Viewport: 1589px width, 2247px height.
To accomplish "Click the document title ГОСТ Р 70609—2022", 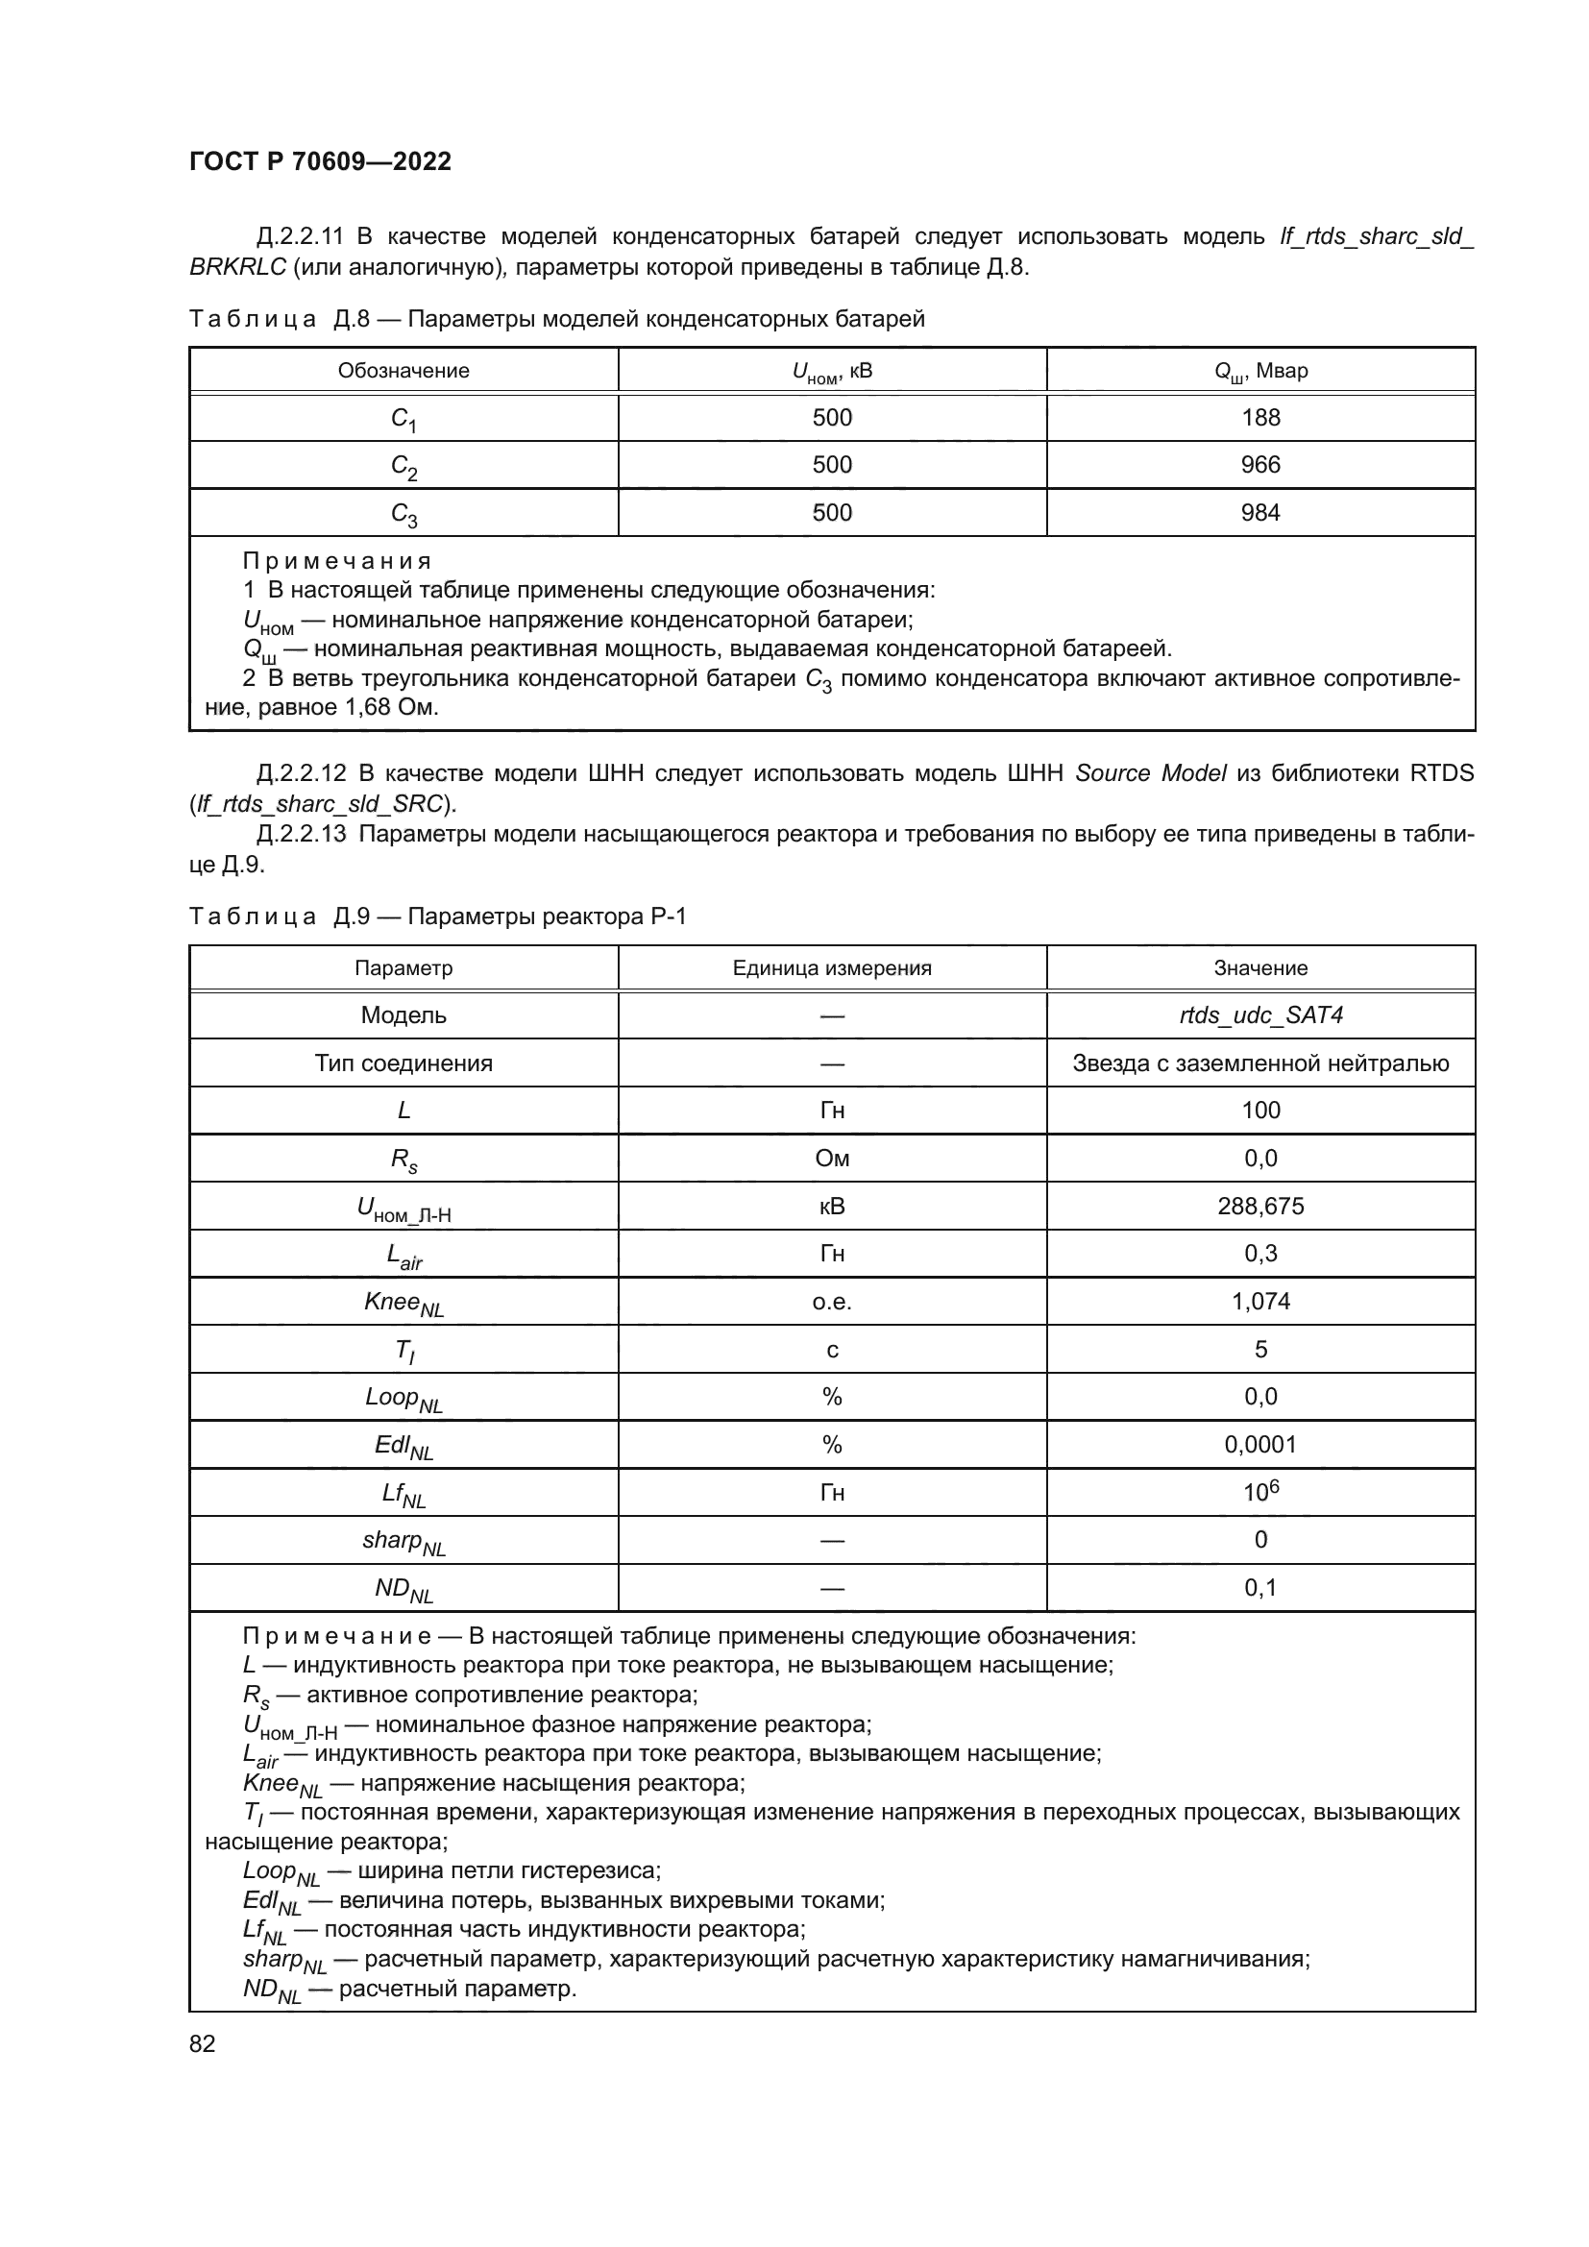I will click(x=320, y=161).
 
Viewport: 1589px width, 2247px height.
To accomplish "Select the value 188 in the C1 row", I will click(x=1260, y=418).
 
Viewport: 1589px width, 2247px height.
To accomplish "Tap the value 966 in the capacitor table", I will click(x=1260, y=465).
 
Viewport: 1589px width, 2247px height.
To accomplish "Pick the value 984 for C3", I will click(x=1260, y=513).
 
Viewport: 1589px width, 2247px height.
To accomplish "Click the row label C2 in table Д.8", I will click(x=404, y=467).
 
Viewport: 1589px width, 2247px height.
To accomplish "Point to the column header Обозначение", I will click(x=403, y=371).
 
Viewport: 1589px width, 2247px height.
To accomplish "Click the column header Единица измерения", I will click(x=832, y=968).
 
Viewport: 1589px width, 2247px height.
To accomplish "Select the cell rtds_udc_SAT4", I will click(x=1260, y=1014).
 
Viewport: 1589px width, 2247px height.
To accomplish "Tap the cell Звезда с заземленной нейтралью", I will click(x=1260, y=1062).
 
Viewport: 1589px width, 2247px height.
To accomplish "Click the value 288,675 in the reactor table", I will click(x=1260, y=1206).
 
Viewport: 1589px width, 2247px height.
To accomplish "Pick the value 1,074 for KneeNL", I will click(x=1260, y=1301).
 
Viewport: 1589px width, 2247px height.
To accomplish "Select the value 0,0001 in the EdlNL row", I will click(x=1260, y=1445).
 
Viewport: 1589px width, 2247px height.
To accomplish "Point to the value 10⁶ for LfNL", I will click(x=1260, y=1492).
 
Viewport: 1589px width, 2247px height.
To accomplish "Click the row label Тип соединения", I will click(x=403, y=1062).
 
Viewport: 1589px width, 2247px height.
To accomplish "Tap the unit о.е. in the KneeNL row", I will click(x=832, y=1302).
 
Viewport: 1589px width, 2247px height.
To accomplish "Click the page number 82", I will click(x=203, y=2043).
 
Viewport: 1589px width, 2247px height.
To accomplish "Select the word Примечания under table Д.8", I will click(x=336, y=562).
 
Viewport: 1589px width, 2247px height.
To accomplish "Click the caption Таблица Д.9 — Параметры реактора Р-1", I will click(x=437, y=917).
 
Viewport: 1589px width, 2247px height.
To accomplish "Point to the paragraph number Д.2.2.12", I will click(x=302, y=774).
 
